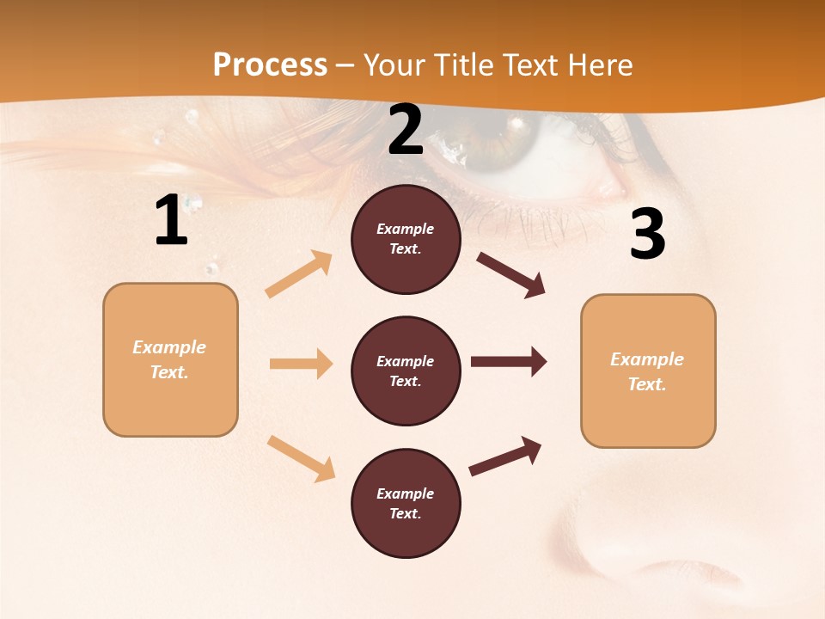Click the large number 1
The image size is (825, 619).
click(171, 220)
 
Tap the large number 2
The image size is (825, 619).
click(406, 131)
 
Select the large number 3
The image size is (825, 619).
click(647, 235)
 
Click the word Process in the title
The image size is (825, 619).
click(270, 64)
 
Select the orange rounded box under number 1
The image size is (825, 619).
click(170, 359)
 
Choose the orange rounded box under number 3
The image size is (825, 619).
click(648, 371)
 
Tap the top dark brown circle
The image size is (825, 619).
click(406, 239)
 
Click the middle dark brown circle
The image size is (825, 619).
click(406, 371)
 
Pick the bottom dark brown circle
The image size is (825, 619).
click(406, 503)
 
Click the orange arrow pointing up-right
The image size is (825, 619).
click(299, 274)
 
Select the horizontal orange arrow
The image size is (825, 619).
click(301, 364)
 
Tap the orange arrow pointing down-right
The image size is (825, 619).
click(302, 458)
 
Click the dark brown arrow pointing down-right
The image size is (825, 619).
click(511, 274)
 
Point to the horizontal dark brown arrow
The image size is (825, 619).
click(509, 362)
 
